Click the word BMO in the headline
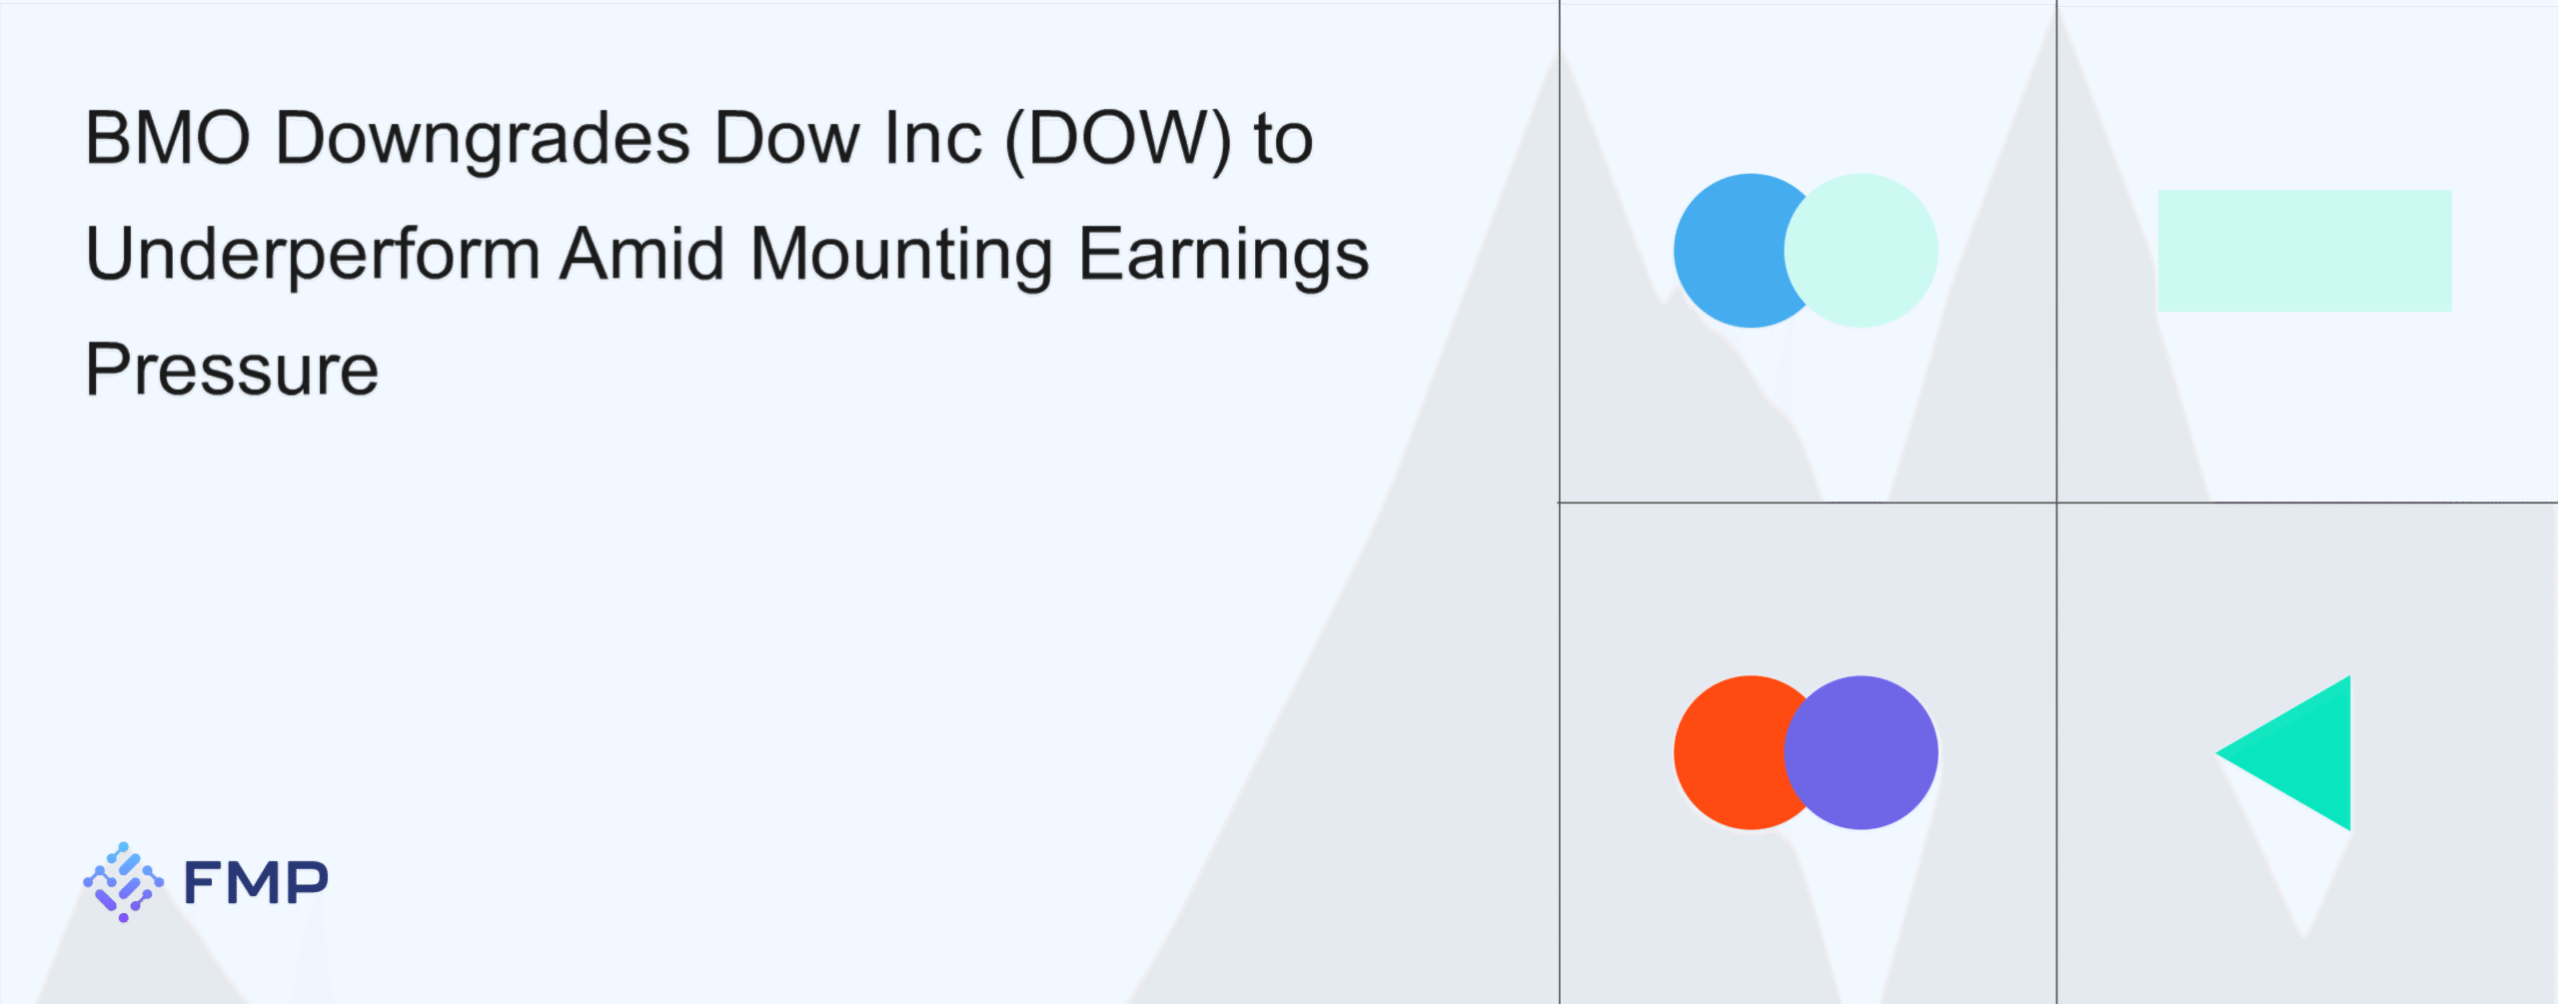[168, 138]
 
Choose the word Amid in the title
[641, 252]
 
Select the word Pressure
[232, 370]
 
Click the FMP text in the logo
[256, 882]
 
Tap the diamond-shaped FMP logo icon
[123, 882]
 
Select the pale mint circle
[1861, 251]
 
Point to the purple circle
[1861, 752]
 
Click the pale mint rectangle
[2304, 251]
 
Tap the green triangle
[2303, 753]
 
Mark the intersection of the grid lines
[2056, 502]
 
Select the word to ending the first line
[1283, 140]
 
